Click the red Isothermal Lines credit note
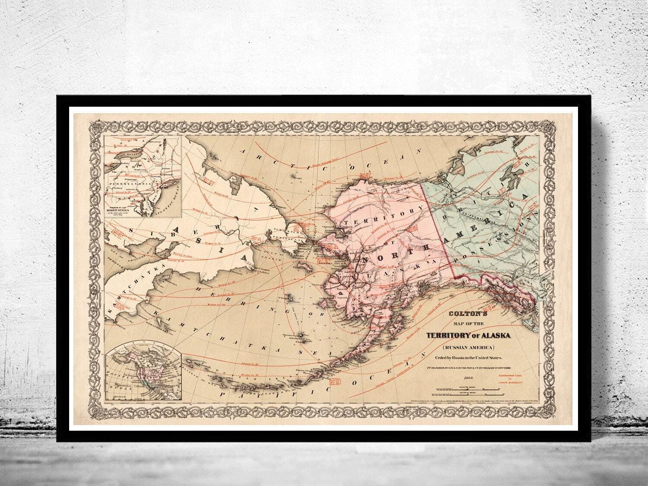[x=510, y=379]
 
